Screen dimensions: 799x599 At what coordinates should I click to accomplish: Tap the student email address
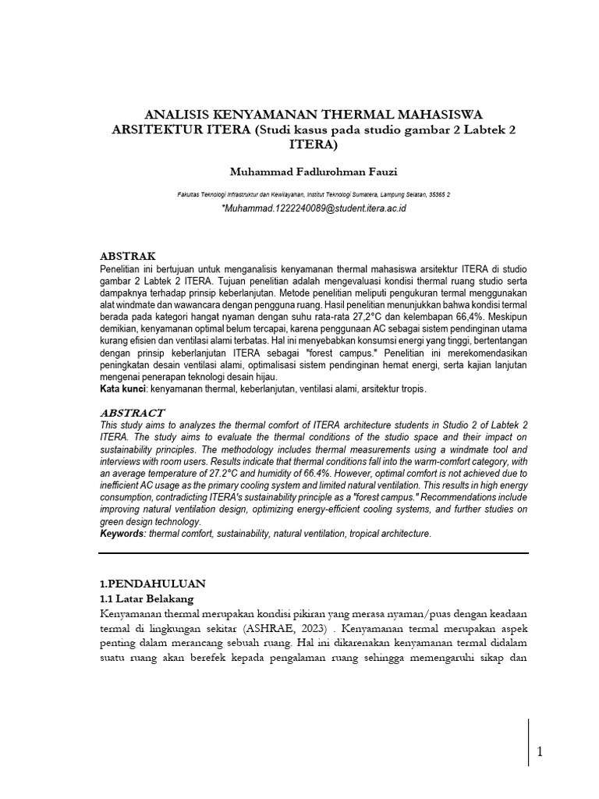314,209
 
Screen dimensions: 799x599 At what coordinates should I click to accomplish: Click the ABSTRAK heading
128,256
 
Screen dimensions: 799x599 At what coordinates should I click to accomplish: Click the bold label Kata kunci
123,388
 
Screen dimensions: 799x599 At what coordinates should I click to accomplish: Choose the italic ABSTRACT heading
133,412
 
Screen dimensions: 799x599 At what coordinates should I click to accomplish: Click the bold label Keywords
124,533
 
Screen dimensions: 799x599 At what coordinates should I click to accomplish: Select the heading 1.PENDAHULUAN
152,583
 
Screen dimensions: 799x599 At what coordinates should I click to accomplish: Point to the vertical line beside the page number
529,753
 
